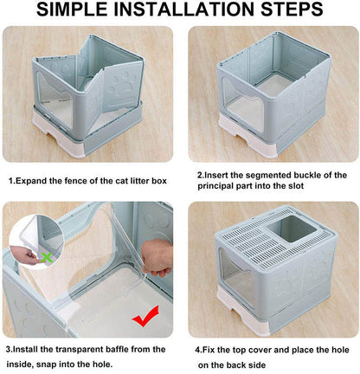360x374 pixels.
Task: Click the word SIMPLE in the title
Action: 76,11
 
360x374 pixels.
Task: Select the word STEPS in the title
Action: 296,11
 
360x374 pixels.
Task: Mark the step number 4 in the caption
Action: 200,349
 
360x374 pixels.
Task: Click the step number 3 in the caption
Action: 8,349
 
